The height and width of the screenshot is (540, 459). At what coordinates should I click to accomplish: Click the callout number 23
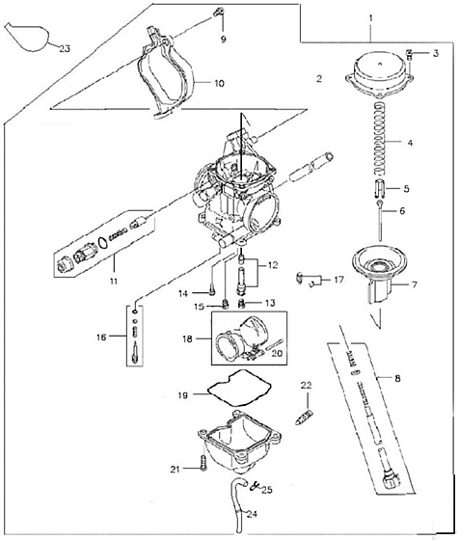click(65, 49)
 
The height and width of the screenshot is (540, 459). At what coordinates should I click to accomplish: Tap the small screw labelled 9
click(217, 13)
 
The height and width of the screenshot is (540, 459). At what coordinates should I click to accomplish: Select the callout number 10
click(219, 83)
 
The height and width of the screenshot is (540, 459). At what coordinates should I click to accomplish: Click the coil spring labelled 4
click(380, 138)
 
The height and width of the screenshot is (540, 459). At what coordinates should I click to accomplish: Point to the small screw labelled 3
click(410, 54)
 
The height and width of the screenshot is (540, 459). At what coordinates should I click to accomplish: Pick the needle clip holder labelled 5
click(379, 188)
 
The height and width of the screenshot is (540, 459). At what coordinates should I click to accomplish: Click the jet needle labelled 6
click(380, 221)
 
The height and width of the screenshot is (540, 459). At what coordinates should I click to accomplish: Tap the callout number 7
click(415, 284)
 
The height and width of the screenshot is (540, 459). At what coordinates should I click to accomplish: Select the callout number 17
click(338, 280)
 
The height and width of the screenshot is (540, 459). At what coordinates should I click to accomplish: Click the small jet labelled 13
click(243, 304)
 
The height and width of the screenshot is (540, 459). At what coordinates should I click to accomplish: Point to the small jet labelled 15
click(226, 305)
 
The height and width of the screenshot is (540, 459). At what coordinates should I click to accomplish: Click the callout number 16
click(101, 337)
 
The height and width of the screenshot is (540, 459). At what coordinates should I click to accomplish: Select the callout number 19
click(183, 395)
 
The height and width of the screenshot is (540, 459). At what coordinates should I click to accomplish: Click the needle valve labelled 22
click(305, 417)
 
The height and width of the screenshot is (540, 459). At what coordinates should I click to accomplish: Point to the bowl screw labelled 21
click(203, 462)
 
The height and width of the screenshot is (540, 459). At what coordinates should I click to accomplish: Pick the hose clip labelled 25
click(255, 486)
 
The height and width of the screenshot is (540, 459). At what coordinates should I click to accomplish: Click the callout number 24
click(252, 514)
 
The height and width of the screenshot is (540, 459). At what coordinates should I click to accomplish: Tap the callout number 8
click(397, 378)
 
